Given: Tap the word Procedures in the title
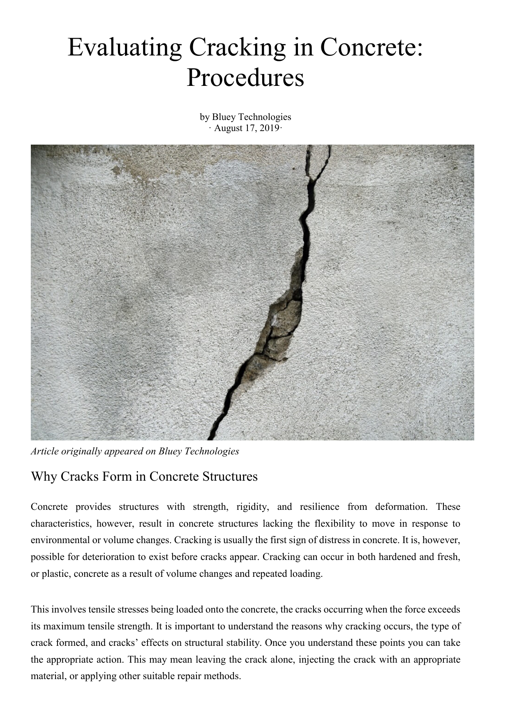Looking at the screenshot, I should coord(245,78).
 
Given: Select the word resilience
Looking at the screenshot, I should coord(319,507).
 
